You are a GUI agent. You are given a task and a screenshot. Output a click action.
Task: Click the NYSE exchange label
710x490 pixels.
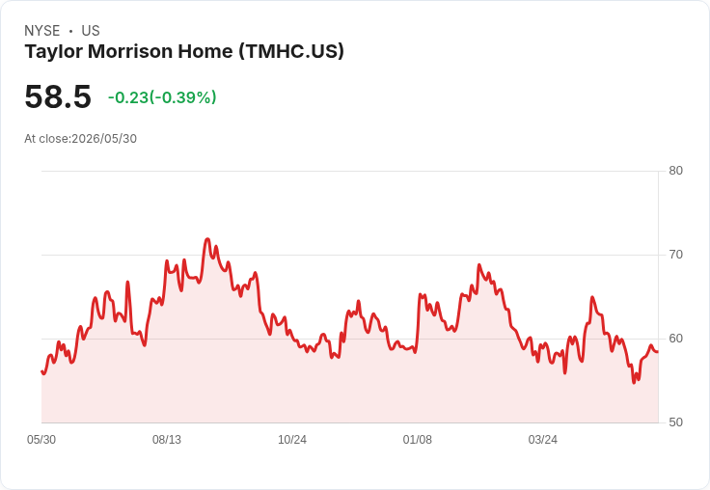[x=42, y=31]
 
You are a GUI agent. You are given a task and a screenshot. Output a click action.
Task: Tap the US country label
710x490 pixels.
[x=91, y=31]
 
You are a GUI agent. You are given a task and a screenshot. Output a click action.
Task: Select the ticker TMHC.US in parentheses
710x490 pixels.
[x=291, y=51]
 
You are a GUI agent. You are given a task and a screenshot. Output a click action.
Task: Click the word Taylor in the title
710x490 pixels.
[x=54, y=52]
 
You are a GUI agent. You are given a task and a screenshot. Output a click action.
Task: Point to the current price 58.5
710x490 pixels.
[x=58, y=96]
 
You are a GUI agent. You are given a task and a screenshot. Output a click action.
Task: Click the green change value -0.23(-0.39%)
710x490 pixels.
[x=162, y=97]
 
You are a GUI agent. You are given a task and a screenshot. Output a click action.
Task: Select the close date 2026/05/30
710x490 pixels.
[x=104, y=139]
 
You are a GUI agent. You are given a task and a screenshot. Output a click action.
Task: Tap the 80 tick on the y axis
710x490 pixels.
[x=675, y=171]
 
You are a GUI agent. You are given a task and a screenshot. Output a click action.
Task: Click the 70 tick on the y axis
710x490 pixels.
[x=675, y=255]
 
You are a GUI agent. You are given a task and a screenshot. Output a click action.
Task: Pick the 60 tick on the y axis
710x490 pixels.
[x=675, y=339]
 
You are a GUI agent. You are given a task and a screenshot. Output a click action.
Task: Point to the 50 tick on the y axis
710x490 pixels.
[x=675, y=422]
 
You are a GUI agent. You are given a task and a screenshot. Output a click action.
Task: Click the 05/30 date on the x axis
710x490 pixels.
[x=41, y=440]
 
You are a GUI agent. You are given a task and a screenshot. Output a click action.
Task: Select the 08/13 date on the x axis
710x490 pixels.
[x=167, y=440]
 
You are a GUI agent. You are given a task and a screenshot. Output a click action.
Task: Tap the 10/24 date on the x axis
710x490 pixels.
[x=292, y=440]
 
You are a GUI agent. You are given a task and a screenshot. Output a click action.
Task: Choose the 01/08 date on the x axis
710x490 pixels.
[x=418, y=440]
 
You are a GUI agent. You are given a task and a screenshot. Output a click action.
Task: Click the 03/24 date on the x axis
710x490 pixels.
[x=543, y=440]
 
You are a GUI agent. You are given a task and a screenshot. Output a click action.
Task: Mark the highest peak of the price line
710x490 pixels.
[x=207, y=238]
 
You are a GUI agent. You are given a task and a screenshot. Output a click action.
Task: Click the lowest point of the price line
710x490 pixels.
[x=634, y=383]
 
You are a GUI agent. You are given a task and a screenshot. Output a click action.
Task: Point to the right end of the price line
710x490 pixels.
[x=658, y=351]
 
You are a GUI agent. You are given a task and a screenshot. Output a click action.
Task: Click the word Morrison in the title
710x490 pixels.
[x=130, y=51]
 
